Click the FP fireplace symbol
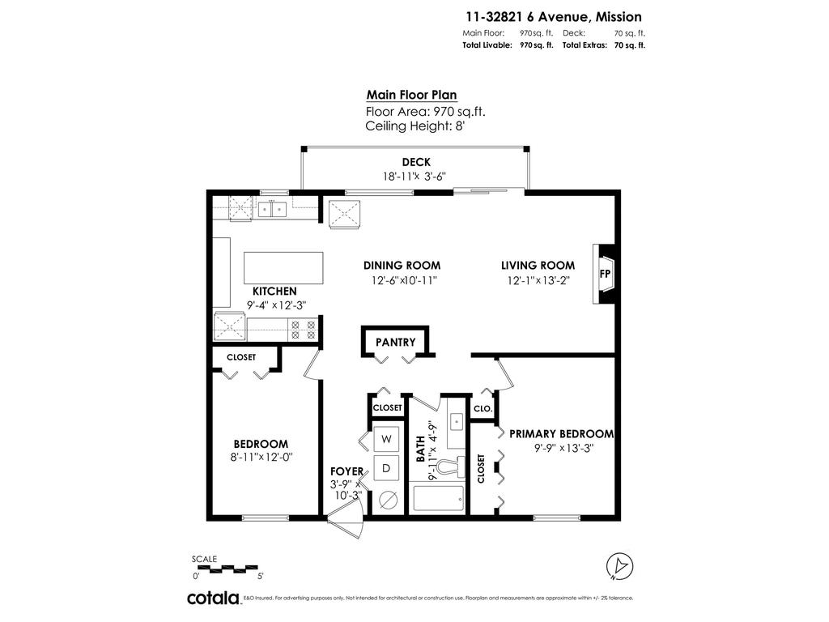(x=605, y=274)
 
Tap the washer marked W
(x=386, y=439)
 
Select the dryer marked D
(x=386, y=467)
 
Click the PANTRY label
(x=395, y=342)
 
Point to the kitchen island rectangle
(x=283, y=267)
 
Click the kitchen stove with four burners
(x=305, y=329)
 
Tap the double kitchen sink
(x=273, y=210)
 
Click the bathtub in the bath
(x=437, y=498)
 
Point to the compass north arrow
(x=620, y=565)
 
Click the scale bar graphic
(x=227, y=569)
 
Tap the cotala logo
(x=214, y=599)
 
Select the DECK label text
(x=415, y=162)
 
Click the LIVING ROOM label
(x=538, y=265)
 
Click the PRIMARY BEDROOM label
(x=561, y=434)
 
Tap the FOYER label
(x=346, y=471)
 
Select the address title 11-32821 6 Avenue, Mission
(x=553, y=16)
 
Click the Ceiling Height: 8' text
(x=415, y=126)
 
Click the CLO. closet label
(x=483, y=409)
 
